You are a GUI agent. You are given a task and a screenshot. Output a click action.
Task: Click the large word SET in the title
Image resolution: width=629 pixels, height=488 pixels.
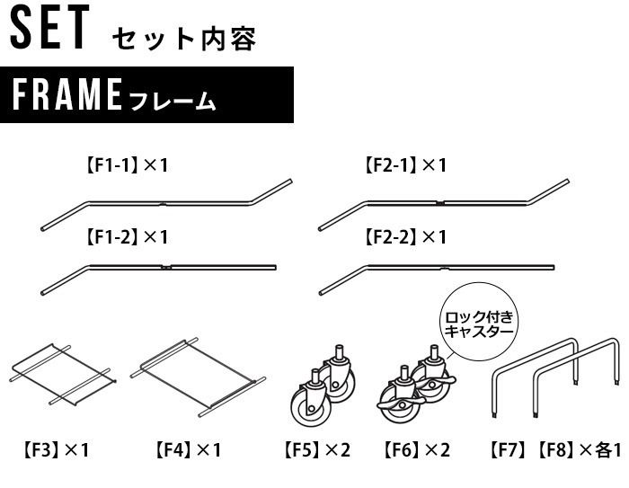coord(49,27)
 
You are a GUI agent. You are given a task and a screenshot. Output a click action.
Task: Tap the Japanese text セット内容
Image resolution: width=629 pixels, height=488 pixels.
coord(184,40)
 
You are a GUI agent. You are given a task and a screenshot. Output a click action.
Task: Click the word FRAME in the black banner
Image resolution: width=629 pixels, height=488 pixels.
coord(67,94)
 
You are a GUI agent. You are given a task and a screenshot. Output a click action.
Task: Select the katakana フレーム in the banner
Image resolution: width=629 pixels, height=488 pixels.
coord(173,101)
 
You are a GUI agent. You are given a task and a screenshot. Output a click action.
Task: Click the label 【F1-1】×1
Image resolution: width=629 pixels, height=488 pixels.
coord(127,165)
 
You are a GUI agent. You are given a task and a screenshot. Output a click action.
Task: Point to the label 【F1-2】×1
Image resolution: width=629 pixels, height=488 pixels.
coord(127,236)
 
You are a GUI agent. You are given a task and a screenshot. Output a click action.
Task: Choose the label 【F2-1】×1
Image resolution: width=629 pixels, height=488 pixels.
coord(405,165)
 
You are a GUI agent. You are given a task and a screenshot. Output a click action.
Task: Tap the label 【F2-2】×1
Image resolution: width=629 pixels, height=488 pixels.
coord(405,236)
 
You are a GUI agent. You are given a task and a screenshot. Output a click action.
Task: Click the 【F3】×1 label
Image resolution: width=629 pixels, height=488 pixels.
coord(56,450)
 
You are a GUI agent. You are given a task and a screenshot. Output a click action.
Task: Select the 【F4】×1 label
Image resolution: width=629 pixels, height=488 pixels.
coord(188,450)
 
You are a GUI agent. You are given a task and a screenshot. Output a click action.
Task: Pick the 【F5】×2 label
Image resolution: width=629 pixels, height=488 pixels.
coord(317,450)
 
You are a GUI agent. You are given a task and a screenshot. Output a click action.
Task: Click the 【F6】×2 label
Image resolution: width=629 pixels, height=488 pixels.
coord(417,450)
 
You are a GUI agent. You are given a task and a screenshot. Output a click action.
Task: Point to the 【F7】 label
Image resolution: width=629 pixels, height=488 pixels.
coord(508,450)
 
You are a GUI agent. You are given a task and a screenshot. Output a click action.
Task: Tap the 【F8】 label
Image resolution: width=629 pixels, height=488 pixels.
coord(556,450)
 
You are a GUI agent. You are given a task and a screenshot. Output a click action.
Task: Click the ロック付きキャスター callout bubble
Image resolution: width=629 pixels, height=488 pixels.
coord(479,322)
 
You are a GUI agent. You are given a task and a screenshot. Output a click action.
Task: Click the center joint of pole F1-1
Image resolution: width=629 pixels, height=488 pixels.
coord(163,204)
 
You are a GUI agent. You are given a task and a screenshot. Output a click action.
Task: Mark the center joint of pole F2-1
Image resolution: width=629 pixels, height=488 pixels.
coord(440,203)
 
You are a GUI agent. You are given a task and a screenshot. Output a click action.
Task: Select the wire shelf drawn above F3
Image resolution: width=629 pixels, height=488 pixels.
coord(63,375)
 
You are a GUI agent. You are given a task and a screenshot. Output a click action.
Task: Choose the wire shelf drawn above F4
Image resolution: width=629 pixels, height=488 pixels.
coord(198,377)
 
